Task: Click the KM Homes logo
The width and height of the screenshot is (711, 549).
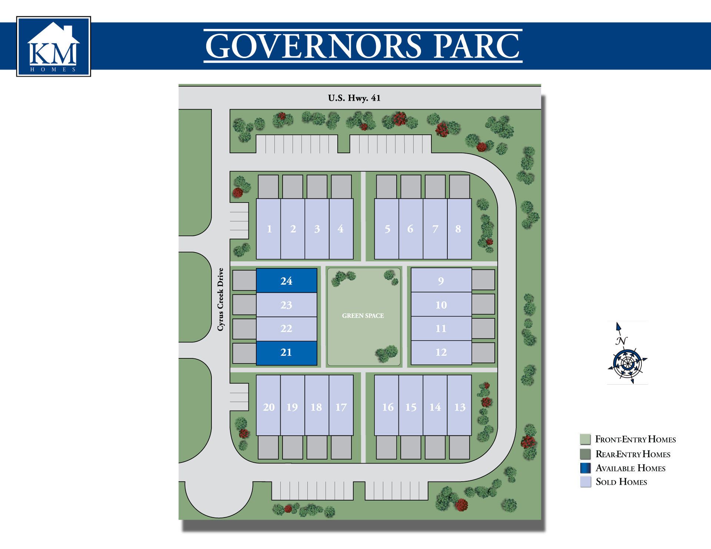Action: tap(54, 47)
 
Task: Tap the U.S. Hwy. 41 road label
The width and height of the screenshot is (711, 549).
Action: tap(354, 98)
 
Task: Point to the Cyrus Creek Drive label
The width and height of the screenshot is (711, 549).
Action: tap(221, 299)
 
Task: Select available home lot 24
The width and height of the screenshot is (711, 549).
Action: tap(286, 281)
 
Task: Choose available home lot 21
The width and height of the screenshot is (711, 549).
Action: tap(286, 352)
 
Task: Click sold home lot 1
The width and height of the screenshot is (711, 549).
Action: tap(269, 229)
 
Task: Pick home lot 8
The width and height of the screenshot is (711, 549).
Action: tap(458, 229)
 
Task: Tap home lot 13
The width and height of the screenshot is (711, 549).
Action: tap(459, 407)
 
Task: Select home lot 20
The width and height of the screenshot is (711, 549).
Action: tap(269, 407)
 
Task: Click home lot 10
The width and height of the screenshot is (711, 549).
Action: tap(441, 305)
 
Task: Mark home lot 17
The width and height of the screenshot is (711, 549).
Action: tap(341, 407)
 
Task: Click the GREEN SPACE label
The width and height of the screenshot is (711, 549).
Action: tap(363, 316)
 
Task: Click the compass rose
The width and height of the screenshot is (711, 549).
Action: tap(627, 363)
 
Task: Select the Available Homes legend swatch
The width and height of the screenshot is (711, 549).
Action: tap(585, 468)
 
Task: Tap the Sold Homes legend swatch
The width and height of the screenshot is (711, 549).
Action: tap(585, 482)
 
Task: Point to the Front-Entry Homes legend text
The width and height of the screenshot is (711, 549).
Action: tap(635, 439)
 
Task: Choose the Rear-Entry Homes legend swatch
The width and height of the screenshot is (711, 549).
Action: tap(585, 454)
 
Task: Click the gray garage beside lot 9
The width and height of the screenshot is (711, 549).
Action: tap(483, 280)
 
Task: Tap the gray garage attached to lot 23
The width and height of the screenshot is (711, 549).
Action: tap(244, 304)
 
